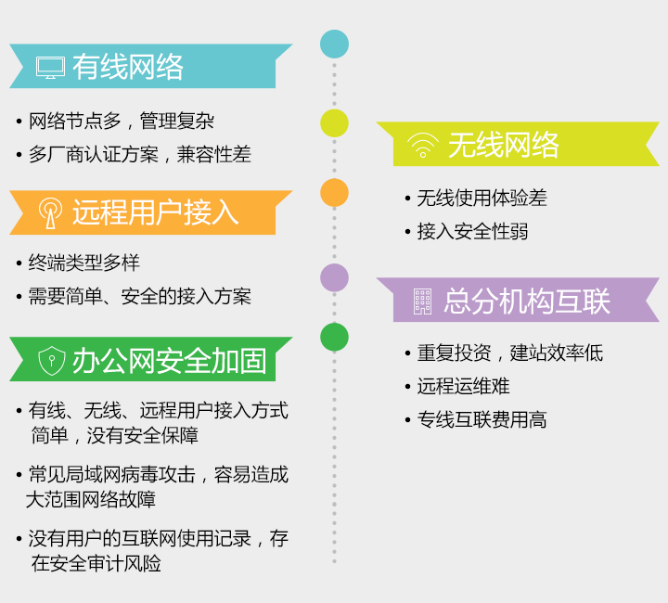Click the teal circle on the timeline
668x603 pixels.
coord(334,44)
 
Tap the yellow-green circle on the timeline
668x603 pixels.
coord(334,123)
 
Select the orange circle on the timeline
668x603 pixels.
coord(334,192)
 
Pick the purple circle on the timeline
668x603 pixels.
coord(334,277)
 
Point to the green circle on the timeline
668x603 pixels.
coord(334,337)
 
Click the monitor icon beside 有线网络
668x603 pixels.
coord(51,68)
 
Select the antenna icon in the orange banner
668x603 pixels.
coord(51,213)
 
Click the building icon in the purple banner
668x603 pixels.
coord(423,301)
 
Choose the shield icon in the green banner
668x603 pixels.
coord(52,361)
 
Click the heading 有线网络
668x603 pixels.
coord(128,67)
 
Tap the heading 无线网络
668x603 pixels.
coord(504,145)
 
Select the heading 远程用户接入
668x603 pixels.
coord(156,212)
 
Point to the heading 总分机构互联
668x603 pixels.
coord(527,301)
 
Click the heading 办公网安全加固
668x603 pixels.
coord(170,361)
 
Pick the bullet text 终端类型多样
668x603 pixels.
coord(83,263)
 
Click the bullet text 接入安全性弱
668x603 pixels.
coord(472,232)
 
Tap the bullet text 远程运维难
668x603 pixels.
coord(463,386)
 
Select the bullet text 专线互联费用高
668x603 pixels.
coord(482,419)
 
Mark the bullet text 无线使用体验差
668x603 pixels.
coord(482,198)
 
